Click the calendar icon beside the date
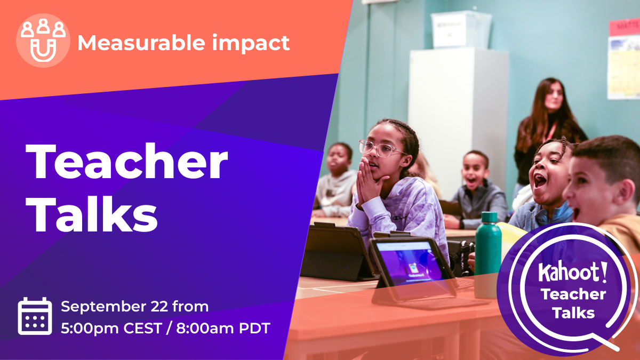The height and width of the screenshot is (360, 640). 35,316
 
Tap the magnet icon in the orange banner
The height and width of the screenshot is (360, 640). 43,51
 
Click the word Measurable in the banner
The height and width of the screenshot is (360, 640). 141,43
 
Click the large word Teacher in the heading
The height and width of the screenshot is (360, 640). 126,162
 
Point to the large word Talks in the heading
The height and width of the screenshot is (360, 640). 91,214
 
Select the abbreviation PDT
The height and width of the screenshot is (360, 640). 254,329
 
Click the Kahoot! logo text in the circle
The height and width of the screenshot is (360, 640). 573,271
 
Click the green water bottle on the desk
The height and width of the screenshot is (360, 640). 488,255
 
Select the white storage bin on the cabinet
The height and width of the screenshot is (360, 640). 461,29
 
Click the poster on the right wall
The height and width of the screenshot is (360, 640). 624,59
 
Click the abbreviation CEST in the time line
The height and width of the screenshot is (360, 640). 143,329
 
